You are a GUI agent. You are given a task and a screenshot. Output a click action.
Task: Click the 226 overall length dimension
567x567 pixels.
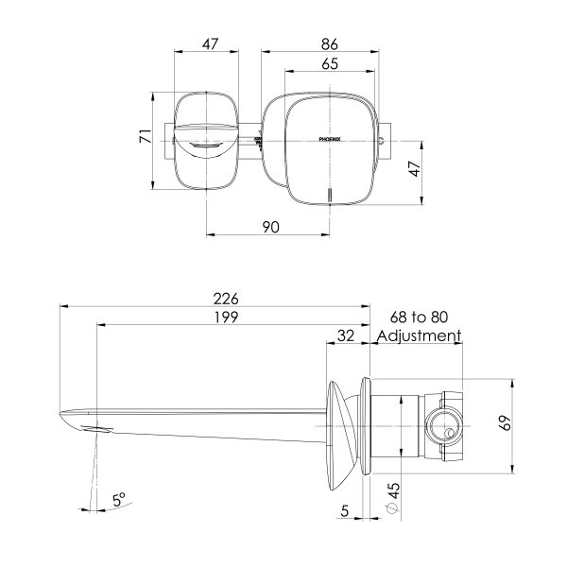tap(226, 298)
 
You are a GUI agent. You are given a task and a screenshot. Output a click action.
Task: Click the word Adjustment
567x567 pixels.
tap(418, 335)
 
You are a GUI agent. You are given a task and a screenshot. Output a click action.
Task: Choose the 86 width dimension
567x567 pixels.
tap(329, 43)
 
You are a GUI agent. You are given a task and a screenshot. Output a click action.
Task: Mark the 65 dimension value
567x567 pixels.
tap(330, 63)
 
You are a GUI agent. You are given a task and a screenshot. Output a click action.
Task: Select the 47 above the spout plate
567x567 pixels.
tap(210, 43)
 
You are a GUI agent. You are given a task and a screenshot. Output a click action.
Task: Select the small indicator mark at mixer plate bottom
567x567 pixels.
tap(329, 196)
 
